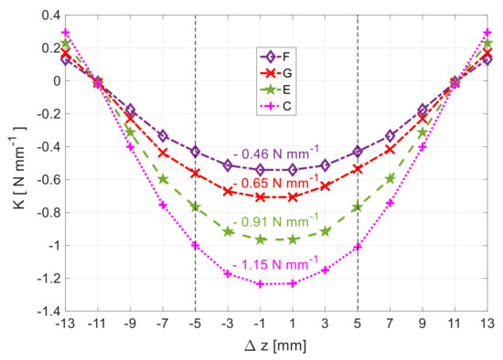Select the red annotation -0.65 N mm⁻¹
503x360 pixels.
tap(275, 185)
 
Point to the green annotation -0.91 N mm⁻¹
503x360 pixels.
tap(275, 221)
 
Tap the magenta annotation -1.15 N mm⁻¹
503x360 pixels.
tap(275, 265)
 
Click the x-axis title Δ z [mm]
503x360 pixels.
tap(275, 346)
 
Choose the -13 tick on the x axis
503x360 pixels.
tap(65, 324)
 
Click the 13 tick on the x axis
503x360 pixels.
tap(487, 324)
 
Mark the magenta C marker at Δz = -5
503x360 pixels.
tap(195, 245)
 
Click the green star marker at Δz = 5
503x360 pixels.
tap(358, 207)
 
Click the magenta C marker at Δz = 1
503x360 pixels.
tap(293, 283)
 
